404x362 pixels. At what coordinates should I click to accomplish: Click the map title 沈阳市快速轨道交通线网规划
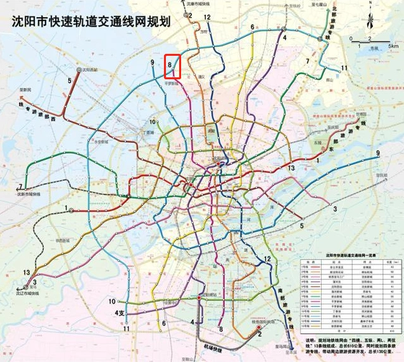(92, 21)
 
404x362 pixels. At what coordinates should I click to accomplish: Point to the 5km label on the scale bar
(393, 46)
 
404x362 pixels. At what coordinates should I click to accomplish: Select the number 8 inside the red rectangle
(170, 63)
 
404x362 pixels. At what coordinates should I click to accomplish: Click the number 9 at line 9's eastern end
(378, 153)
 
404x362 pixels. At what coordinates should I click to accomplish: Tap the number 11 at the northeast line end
(344, 68)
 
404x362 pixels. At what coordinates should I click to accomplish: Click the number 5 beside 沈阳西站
(70, 81)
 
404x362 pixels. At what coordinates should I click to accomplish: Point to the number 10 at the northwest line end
(153, 122)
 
